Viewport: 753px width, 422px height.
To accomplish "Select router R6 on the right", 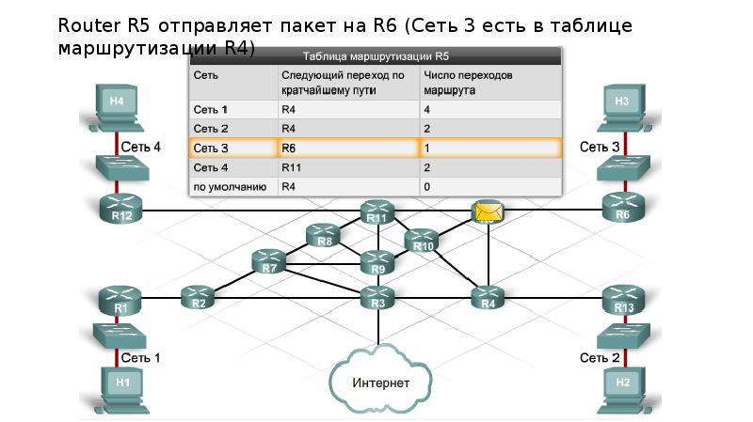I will tap(622, 209).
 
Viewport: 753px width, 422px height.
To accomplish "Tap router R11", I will tap(378, 213).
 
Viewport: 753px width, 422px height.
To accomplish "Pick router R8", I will tap(325, 236).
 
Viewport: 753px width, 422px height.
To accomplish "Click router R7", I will tap(270, 262).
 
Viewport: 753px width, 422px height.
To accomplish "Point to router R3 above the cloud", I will tap(378, 297).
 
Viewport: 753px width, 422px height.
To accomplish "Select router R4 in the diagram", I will tap(488, 297).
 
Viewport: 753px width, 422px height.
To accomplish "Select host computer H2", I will tap(622, 386).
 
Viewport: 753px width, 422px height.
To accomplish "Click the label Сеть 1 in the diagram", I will tap(140, 357).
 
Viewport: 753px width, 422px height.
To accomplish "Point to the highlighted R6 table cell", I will tap(347, 148).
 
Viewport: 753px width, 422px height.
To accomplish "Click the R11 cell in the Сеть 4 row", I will tap(347, 167).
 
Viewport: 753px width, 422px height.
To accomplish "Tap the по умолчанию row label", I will tap(230, 187).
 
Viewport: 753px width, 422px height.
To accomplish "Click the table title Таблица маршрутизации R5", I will tap(376, 57).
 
